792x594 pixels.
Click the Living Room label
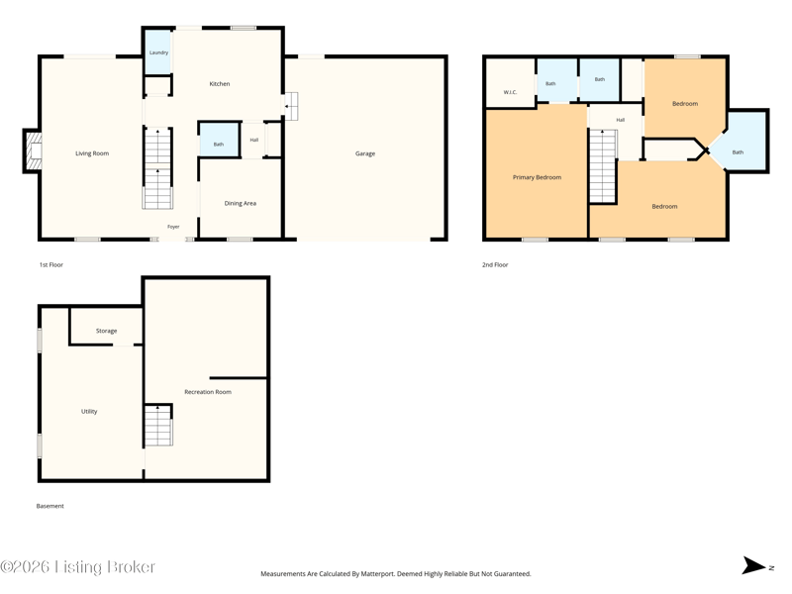click(x=92, y=153)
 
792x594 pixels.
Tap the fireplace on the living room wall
click(x=33, y=151)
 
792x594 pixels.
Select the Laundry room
click(x=158, y=52)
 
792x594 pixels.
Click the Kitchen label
click(x=220, y=84)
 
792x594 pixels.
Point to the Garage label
click(x=365, y=153)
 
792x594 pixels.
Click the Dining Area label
click(x=241, y=203)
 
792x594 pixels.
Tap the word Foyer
click(x=173, y=227)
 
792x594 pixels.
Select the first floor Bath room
click(x=219, y=140)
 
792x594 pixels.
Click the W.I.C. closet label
click(x=510, y=92)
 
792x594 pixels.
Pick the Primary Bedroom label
click(x=537, y=177)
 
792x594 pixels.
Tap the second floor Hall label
click(x=621, y=120)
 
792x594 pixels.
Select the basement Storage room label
click(x=107, y=331)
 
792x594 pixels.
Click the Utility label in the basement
click(x=89, y=411)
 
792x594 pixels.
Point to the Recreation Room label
click(x=208, y=392)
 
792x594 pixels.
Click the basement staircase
click(x=158, y=426)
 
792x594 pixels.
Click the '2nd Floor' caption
click(x=495, y=264)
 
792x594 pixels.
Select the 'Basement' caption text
click(x=50, y=506)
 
